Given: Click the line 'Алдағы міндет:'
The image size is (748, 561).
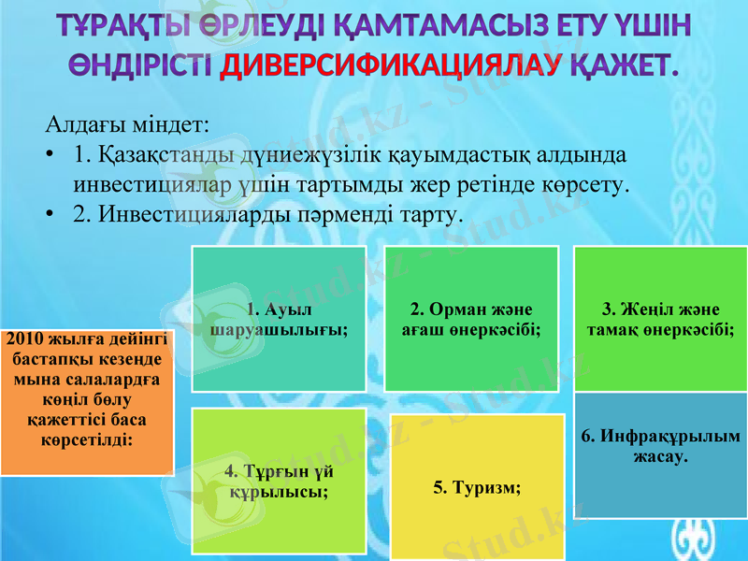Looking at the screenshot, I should click(127, 123).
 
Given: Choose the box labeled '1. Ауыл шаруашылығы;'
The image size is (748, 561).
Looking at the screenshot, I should click(279, 319).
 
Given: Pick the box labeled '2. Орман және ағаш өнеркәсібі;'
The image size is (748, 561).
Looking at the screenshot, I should click(472, 319).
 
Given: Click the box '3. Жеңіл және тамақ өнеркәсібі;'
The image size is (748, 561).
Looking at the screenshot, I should click(659, 319).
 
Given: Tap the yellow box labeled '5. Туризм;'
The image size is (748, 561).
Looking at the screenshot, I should click(477, 486).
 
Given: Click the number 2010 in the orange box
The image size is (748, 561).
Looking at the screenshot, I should click(25, 338).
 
